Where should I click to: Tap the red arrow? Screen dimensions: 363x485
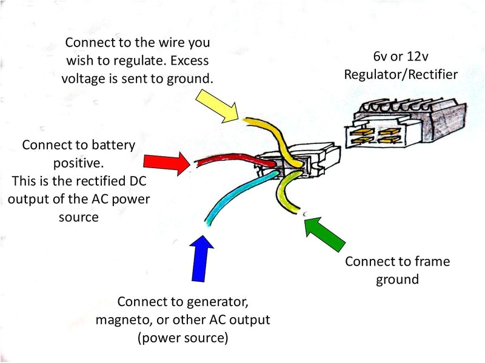(x=166, y=162)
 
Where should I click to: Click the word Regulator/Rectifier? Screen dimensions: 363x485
(x=401, y=74)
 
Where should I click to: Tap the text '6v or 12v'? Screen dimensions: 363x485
(x=401, y=58)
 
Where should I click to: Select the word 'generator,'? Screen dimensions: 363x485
(x=216, y=301)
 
